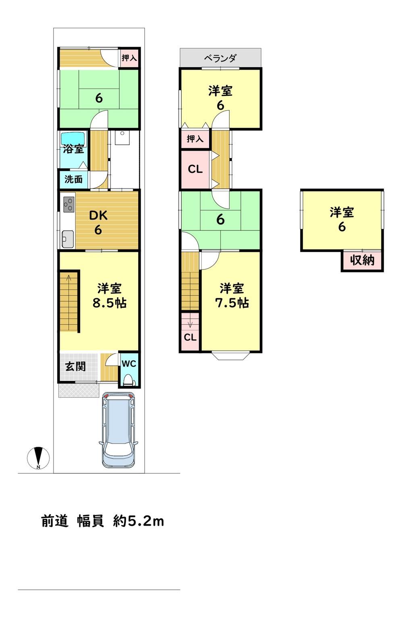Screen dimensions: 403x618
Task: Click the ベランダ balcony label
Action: click(x=220, y=58)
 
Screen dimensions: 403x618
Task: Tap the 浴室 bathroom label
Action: click(x=73, y=149)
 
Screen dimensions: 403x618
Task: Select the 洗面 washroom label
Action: click(x=73, y=179)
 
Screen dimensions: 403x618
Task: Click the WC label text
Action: click(x=129, y=364)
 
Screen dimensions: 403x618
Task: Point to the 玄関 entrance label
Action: click(x=75, y=367)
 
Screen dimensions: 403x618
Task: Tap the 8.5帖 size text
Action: click(x=109, y=303)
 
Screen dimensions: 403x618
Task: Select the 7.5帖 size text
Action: click(x=232, y=303)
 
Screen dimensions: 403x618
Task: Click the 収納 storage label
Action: click(x=362, y=260)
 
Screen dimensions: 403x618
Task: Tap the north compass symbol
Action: click(x=38, y=457)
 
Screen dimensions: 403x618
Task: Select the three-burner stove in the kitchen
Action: click(x=69, y=204)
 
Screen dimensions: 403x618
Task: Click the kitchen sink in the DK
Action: click(x=67, y=239)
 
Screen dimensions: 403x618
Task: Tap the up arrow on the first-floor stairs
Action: click(x=69, y=278)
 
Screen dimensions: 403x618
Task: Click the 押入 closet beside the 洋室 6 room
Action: click(x=195, y=139)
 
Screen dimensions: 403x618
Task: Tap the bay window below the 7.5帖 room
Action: click(x=231, y=356)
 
